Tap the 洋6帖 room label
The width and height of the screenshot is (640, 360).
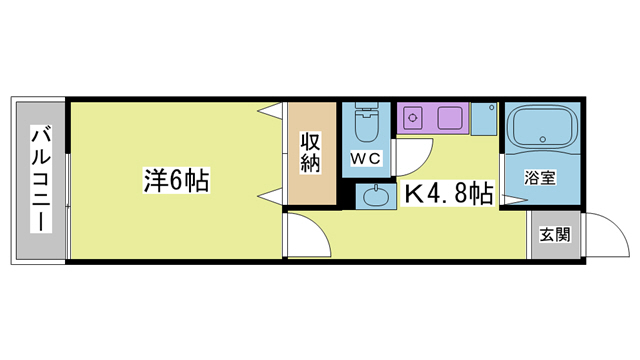click(x=176, y=181)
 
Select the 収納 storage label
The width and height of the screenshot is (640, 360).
click(x=311, y=153)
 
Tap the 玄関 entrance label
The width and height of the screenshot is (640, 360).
click(x=555, y=236)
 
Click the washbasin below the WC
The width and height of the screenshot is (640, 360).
click(x=377, y=196)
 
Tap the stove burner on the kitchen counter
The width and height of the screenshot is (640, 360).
click(x=411, y=118)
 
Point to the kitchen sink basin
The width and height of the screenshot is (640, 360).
click(x=450, y=118)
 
